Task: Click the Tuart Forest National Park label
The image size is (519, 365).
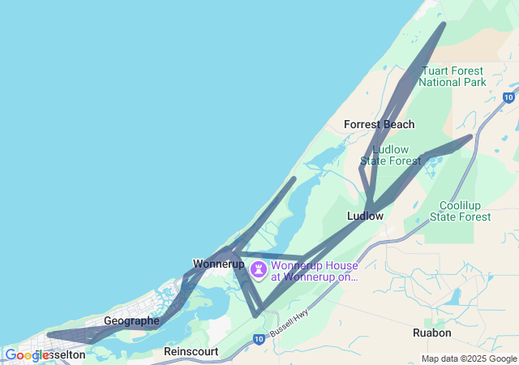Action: click(452, 76)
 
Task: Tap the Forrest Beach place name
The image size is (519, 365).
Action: click(379, 124)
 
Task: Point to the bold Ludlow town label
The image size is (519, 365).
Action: click(365, 217)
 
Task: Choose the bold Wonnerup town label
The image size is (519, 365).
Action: click(219, 264)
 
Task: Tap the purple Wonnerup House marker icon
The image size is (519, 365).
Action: click(259, 269)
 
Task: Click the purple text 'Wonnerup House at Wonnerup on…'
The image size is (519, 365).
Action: click(314, 270)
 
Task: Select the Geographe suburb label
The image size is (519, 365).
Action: click(131, 320)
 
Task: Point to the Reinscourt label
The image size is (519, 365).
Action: click(191, 351)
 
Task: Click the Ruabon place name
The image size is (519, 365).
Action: click(431, 333)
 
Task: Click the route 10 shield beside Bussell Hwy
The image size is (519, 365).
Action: click(258, 338)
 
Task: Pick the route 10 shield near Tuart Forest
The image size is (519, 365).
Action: click(508, 98)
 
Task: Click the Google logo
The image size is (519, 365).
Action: click(27, 355)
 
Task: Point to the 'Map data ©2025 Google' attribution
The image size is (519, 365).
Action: click(469, 359)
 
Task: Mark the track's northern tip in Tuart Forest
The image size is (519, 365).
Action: click(443, 24)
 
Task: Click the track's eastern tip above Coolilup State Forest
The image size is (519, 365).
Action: click(470, 136)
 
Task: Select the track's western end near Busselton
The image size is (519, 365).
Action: click(49, 334)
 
